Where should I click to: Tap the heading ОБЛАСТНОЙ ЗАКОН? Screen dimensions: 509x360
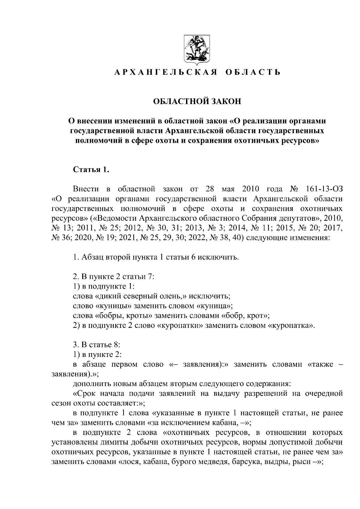pyautogui.click(x=197, y=101)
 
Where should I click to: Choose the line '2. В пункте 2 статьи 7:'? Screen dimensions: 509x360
pyautogui.click(x=113, y=277)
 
